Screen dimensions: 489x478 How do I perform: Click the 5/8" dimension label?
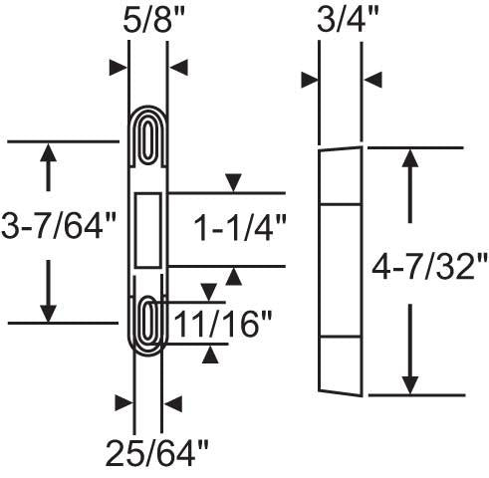pyautogui.click(x=148, y=21)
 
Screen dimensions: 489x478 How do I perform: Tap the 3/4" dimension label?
pyautogui.click(x=348, y=20)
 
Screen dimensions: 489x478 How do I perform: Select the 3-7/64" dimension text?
pyautogui.click(x=59, y=227)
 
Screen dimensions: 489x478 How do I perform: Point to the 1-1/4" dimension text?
pyautogui.click(x=239, y=229)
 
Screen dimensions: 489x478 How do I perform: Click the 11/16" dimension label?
pyautogui.click(x=222, y=324)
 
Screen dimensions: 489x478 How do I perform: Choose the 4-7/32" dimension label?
pyautogui.click(x=429, y=266)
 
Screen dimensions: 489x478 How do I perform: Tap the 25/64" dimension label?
pyautogui.click(x=156, y=453)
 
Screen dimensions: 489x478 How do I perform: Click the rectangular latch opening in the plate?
pyautogui.click(x=148, y=230)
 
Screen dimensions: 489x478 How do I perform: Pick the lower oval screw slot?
pyautogui.click(x=147, y=321)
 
